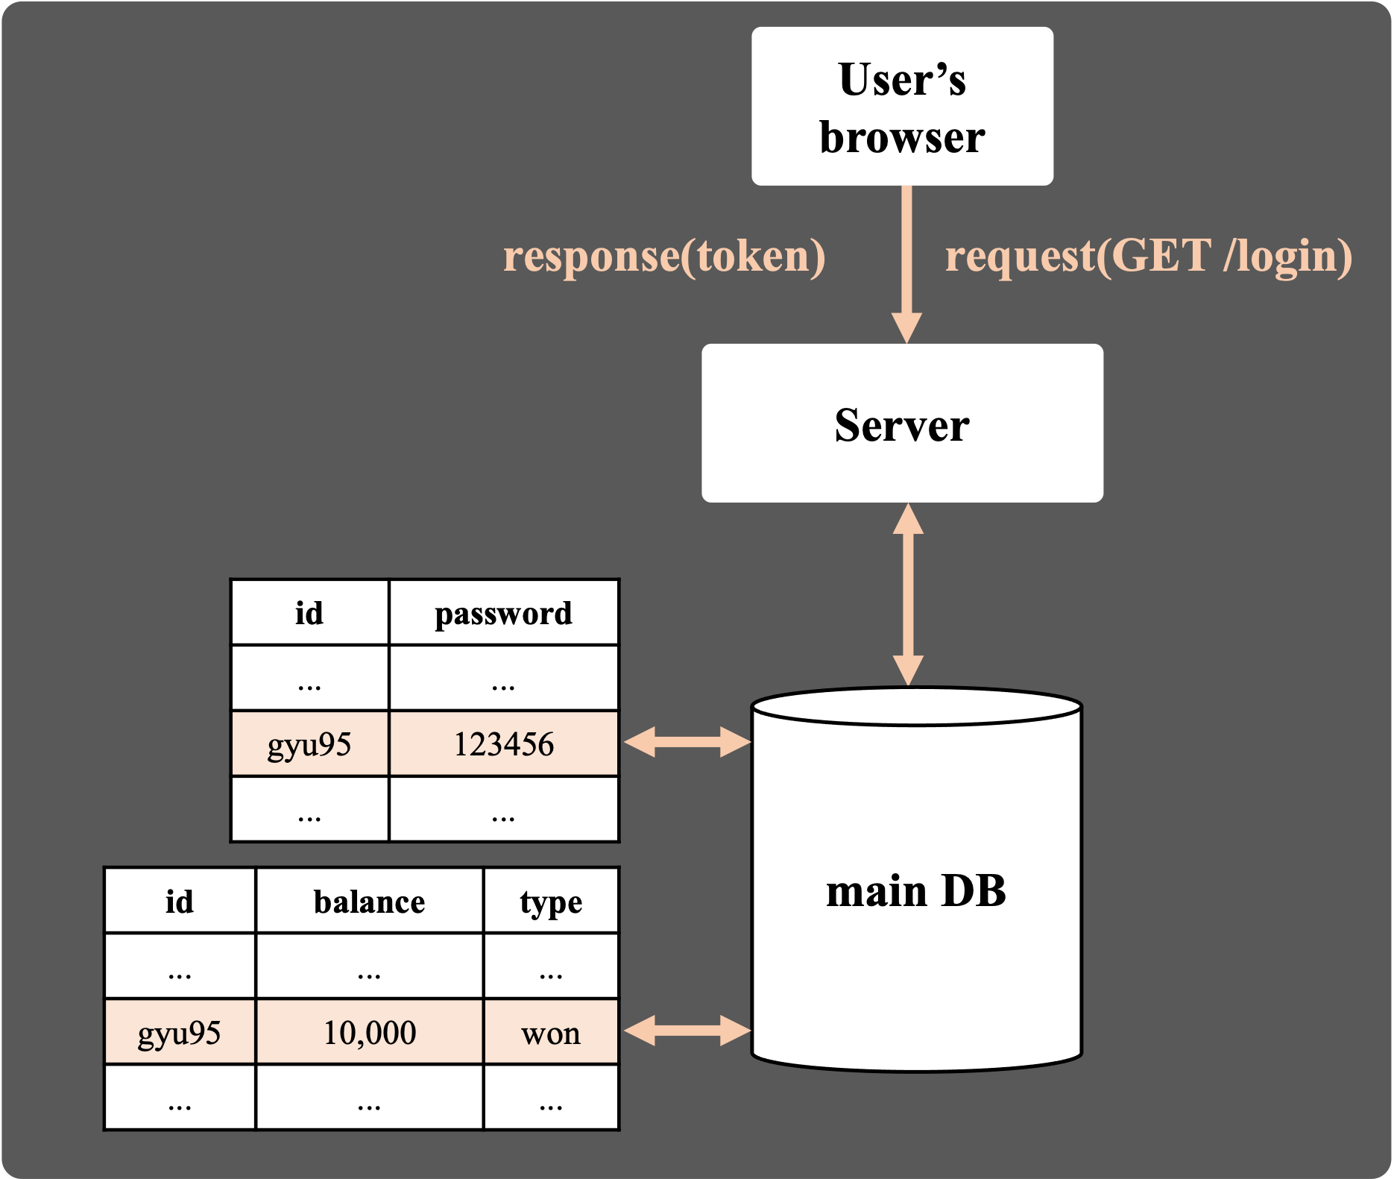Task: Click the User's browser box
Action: click(x=902, y=106)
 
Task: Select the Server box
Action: click(x=902, y=423)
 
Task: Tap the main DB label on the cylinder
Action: click(x=916, y=890)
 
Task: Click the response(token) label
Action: click(x=664, y=256)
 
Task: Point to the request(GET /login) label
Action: click(x=1149, y=256)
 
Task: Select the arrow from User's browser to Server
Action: click(x=906, y=265)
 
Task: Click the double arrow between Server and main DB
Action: click(x=908, y=594)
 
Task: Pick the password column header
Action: click(x=504, y=613)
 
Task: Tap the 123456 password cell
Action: click(x=504, y=743)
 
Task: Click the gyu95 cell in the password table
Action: click(x=309, y=743)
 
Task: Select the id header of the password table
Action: click(x=309, y=613)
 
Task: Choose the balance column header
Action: click(x=369, y=901)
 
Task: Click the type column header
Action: click(x=551, y=901)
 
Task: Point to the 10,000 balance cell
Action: click(x=369, y=1032)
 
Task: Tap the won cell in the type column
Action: click(x=551, y=1032)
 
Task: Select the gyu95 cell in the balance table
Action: click(x=180, y=1032)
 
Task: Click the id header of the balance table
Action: click(x=180, y=901)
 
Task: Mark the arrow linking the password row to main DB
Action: click(x=687, y=742)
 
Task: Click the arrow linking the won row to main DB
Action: click(x=687, y=1031)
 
